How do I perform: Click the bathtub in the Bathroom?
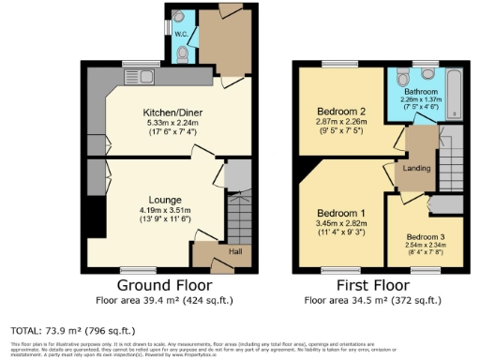point(456,96)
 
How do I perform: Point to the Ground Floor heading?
point(164,285)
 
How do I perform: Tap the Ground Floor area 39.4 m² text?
point(164,301)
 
